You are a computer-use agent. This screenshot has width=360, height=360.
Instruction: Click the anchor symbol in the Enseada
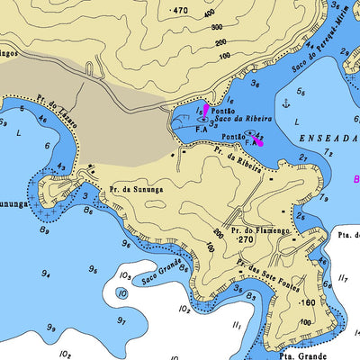[x=286, y=103]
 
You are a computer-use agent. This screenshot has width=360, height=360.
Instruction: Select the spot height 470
[x=179, y=10]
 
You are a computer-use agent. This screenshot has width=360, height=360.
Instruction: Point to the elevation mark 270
[x=245, y=240]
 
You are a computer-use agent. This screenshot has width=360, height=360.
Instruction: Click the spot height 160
[x=308, y=302]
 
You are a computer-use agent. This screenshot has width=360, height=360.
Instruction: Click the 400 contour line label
[x=210, y=14]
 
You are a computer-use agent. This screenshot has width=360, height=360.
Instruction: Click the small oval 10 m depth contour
[x=123, y=293]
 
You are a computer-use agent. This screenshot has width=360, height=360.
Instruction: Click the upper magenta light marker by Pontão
[x=206, y=110]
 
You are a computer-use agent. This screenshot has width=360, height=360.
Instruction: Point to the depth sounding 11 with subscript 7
[x=343, y=280]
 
